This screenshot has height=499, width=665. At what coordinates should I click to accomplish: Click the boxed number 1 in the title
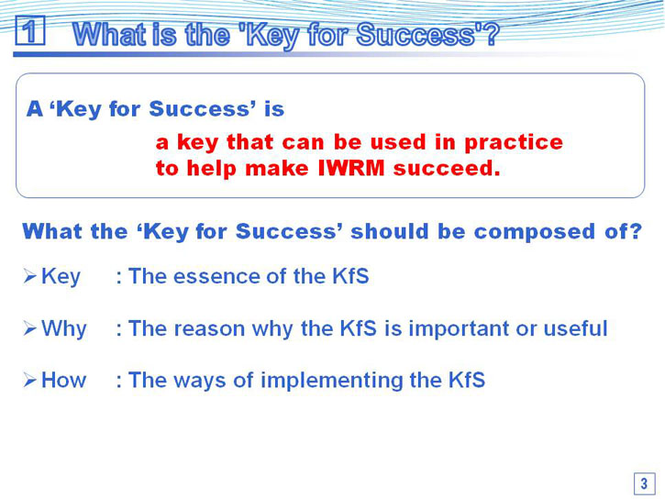[29, 29]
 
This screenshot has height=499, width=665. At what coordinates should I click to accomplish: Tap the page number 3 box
[644, 483]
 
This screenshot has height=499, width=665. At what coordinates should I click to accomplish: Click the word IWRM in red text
[350, 168]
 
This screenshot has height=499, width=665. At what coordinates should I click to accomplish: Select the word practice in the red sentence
[514, 142]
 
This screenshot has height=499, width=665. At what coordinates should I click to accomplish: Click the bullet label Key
[61, 277]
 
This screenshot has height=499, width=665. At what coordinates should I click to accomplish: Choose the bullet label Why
[63, 329]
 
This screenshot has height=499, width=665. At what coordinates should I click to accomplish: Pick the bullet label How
[63, 380]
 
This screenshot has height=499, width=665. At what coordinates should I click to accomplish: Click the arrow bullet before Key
[29, 276]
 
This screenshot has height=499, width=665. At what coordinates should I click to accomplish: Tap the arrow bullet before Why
[29, 328]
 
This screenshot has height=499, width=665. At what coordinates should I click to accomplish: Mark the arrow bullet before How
[29, 380]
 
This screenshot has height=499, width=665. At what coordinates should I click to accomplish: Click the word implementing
[331, 381]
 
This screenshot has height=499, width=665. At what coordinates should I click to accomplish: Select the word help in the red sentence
[211, 168]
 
